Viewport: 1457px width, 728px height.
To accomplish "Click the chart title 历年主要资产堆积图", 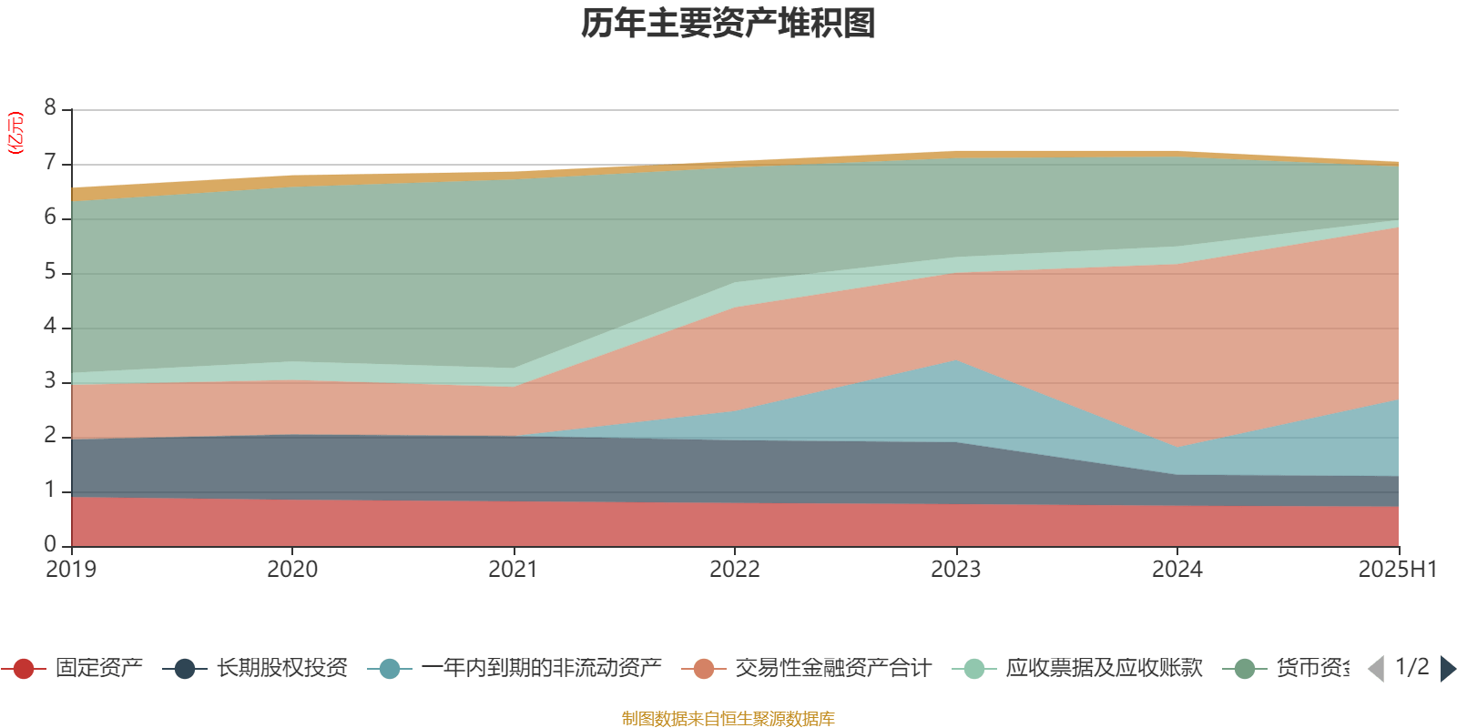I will tap(728, 24).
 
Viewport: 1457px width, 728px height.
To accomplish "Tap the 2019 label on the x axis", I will tap(71, 570).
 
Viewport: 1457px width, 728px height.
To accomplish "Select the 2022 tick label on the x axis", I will tap(735, 570).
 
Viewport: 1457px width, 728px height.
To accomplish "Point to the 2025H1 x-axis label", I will tap(1397, 570).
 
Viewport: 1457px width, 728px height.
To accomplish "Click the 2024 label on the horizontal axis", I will tap(1177, 570).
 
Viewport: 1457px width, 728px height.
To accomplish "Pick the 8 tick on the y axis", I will tap(50, 108).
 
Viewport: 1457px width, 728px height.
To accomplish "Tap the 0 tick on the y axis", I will tap(50, 544).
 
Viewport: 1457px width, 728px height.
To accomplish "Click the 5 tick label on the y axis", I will tap(50, 272).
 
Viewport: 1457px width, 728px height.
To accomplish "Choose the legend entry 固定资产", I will tap(98, 669).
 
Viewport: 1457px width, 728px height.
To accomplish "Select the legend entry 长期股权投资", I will tap(282, 669).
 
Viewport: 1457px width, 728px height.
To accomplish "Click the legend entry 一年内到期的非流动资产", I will tap(541, 669).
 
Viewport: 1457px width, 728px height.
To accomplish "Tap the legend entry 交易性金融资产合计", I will tap(832, 669).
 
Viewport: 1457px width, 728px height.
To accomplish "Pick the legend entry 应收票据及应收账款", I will tap(1104, 669).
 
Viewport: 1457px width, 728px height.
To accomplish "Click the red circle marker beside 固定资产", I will tap(25, 669).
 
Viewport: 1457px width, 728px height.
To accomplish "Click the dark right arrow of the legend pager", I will tap(1447, 669).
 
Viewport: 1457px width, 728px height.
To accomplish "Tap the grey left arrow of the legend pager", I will tap(1376, 669).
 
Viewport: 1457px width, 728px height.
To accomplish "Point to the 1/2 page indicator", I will tap(1411, 667).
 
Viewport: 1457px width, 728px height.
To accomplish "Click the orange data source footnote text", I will tap(728, 719).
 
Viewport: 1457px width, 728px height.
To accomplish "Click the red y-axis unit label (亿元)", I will tap(15, 133).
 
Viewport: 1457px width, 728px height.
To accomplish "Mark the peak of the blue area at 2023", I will tap(955, 361).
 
